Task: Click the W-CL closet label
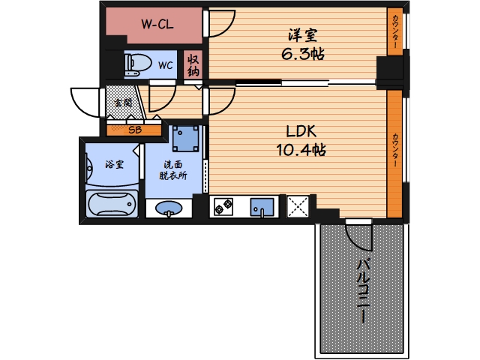[x=157, y=24]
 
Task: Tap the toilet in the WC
[x=138, y=65]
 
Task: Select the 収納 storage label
[x=193, y=65]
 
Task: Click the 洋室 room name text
[x=302, y=35]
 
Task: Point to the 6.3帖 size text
[x=302, y=55]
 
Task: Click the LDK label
[x=301, y=131]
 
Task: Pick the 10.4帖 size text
[x=301, y=150]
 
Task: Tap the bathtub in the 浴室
[x=112, y=204]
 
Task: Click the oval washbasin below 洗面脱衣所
[x=169, y=208]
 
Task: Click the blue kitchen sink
[x=262, y=207]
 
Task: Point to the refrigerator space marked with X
[x=298, y=206]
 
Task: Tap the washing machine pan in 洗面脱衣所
[x=185, y=139]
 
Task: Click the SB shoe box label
[x=135, y=130]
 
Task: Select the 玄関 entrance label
[x=123, y=103]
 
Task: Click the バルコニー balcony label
[x=364, y=291]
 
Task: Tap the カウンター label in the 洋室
[x=395, y=31]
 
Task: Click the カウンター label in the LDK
[x=395, y=150]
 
